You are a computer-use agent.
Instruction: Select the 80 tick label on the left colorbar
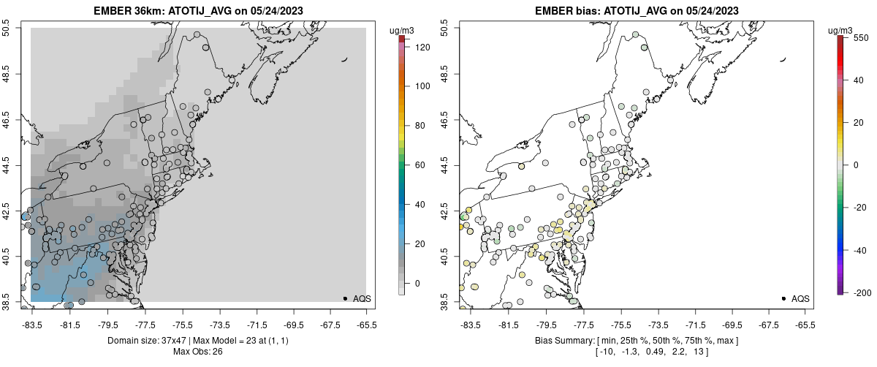click(419, 126)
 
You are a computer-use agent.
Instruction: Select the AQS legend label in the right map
click(800, 298)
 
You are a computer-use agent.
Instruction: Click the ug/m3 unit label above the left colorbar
click(403, 30)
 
